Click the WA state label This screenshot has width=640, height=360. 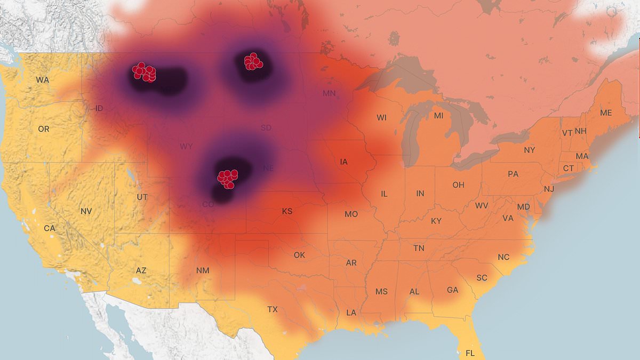coord(43,80)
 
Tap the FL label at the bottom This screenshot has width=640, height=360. coord(470,353)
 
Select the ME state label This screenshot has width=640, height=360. coord(606,113)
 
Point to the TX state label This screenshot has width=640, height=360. coord(272,309)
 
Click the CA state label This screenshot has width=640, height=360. coord(50,228)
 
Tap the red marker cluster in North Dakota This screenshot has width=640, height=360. coord(253,62)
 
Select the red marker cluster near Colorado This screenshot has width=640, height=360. coord(228,178)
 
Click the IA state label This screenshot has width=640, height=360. coord(344,162)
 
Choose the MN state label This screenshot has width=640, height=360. coord(329,94)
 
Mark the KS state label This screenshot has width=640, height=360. coord(287,212)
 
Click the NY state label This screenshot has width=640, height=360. coord(529,150)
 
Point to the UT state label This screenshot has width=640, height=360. coord(142,197)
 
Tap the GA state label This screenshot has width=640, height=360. coord(452,290)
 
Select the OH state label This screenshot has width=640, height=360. coord(458,185)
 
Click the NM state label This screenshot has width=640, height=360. coord(203,270)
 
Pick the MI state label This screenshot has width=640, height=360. coord(438,116)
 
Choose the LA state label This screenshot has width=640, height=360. coord(351,313)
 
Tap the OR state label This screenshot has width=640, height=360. coord(44,129)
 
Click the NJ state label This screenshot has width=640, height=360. coord(549,189)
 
